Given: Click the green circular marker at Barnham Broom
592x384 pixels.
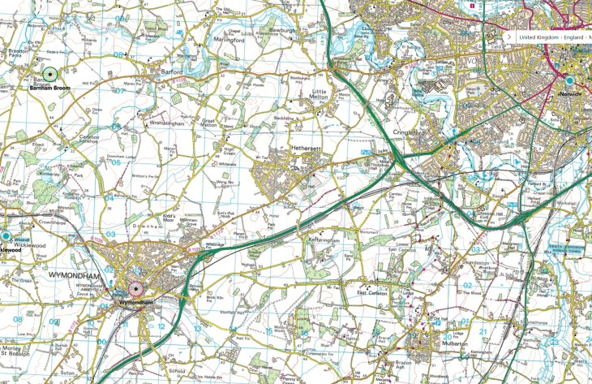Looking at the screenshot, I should point(49,73).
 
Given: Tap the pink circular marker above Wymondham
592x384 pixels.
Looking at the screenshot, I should point(135,289).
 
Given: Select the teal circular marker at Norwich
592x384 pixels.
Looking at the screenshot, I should point(569,81).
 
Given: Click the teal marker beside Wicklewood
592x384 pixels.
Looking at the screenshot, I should point(6,236).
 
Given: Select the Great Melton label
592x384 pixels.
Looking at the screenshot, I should point(214,122).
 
